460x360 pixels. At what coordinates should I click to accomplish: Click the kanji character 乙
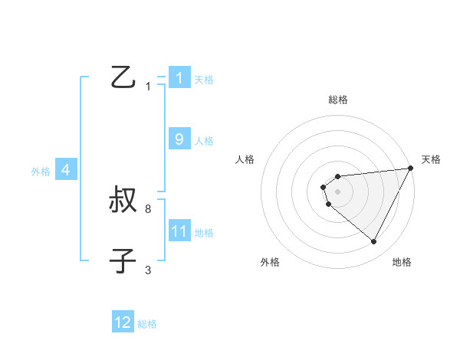tap(123, 77)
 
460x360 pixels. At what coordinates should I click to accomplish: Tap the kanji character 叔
tap(123, 201)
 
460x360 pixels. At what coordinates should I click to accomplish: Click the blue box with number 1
tap(179, 78)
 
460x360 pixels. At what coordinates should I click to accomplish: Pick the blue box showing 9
tap(179, 139)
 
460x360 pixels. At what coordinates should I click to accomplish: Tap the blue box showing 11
tap(179, 231)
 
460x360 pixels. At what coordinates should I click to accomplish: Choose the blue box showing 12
tap(123, 322)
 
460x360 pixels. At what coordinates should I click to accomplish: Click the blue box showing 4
tap(66, 170)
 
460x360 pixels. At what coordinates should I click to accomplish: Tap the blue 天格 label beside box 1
tap(204, 80)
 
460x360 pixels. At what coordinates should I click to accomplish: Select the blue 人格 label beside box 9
tap(204, 141)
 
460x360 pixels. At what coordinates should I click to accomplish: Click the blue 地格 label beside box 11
tap(204, 233)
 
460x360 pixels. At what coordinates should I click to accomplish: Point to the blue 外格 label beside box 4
tap(41, 172)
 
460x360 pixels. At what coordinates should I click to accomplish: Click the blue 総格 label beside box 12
tap(147, 324)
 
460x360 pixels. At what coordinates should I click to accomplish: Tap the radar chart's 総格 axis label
tap(338, 100)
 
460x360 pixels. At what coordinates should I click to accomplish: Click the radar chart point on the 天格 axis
tap(410, 169)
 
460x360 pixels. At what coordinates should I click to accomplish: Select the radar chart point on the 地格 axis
tap(374, 242)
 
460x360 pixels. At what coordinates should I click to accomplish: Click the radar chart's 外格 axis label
tap(270, 262)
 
